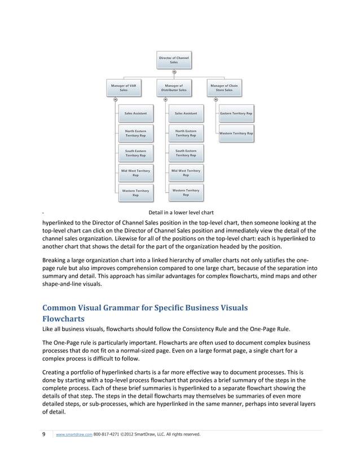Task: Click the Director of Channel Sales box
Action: tap(174, 60)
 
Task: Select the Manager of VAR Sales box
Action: tap(124, 87)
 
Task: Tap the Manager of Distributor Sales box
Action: tap(174, 87)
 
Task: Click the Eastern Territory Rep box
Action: tap(236, 113)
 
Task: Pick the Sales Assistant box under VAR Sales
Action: tap(135, 113)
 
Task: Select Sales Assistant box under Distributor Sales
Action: tap(186, 113)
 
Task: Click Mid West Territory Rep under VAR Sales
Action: tap(135, 173)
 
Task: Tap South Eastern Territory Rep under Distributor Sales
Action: tap(186, 153)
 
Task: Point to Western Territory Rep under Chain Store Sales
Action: tap(236, 133)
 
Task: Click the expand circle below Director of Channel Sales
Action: tap(174, 72)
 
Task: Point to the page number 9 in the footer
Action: tap(45, 434)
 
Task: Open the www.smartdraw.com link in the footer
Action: tap(74, 434)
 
